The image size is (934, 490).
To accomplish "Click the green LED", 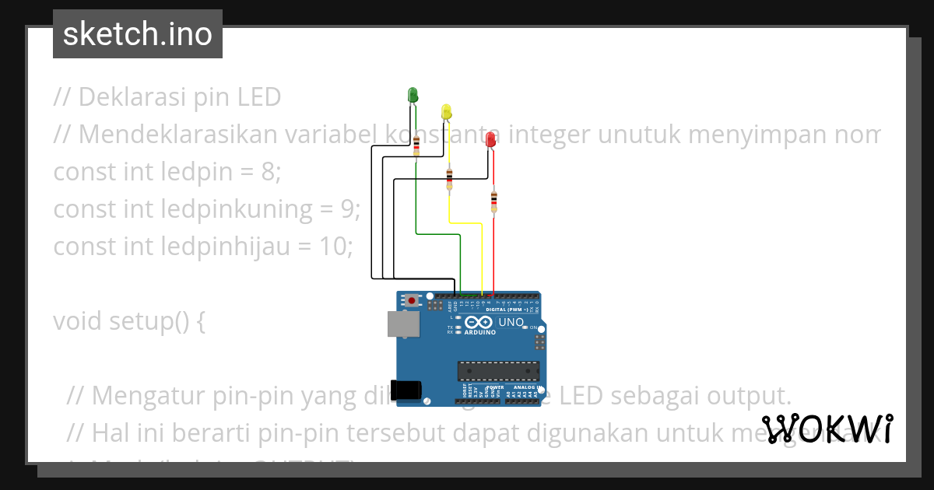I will [413, 95].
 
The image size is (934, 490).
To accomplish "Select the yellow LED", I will [446, 113].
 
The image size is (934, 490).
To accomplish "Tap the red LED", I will [490, 140].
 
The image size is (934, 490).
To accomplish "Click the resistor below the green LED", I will [416, 145].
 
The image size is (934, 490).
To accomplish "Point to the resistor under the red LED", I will [493, 201].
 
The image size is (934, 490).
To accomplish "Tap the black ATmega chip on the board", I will [498, 373].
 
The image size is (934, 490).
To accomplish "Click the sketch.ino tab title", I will [138, 34].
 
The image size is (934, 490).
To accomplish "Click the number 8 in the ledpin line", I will [269, 172].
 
